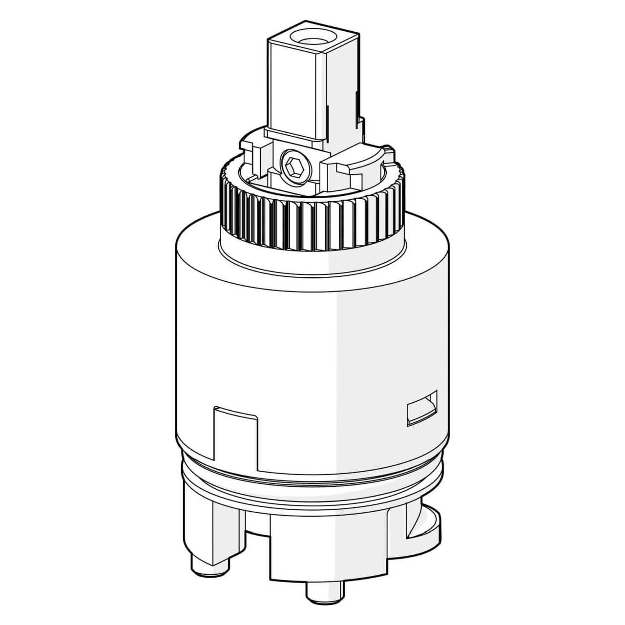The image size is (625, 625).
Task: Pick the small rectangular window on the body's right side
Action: (421, 407)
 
